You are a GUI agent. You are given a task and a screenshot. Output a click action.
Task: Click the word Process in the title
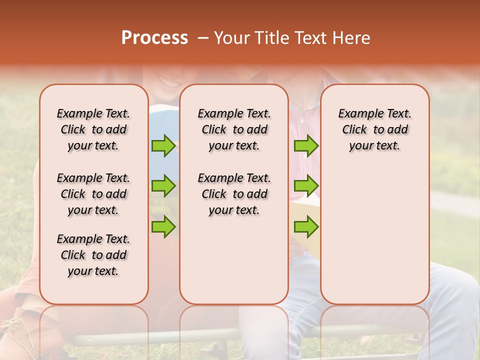click(x=154, y=38)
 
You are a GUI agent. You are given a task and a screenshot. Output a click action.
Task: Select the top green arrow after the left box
click(x=163, y=145)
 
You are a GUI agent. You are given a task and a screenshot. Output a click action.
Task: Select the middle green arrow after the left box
click(x=163, y=186)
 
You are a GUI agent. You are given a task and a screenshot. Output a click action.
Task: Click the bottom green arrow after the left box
click(x=163, y=226)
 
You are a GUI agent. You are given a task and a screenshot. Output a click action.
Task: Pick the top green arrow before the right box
click(x=306, y=145)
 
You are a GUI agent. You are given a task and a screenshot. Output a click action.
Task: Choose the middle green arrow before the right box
click(x=306, y=186)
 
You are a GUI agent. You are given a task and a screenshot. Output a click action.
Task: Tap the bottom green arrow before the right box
click(x=306, y=226)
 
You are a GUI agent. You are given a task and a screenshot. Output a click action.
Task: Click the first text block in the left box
click(x=93, y=129)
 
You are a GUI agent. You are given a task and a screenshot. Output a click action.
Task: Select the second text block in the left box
click(x=93, y=194)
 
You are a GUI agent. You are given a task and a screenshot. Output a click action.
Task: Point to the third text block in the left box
click(x=93, y=255)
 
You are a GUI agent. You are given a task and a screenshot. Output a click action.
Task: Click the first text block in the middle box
click(x=234, y=129)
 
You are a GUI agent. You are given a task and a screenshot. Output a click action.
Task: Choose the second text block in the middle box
click(x=234, y=194)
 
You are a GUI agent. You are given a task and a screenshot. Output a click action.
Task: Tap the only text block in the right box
click(x=374, y=129)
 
